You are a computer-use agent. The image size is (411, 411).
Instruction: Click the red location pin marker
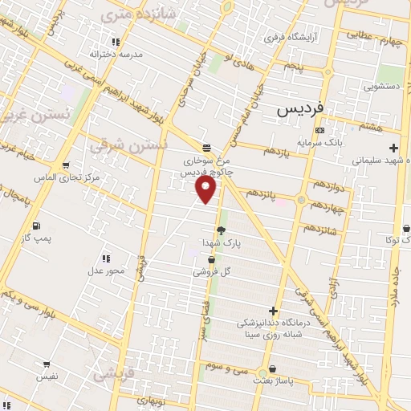(x=206, y=189)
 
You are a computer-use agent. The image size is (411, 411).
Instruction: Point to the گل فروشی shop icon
(x=211, y=260)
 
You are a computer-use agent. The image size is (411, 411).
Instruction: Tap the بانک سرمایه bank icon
(x=319, y=130)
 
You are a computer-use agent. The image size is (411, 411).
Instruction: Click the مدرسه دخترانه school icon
(x=116, y=42)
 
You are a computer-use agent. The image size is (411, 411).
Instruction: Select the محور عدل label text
(x=107, y=271)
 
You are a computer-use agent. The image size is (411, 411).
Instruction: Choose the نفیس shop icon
(x=46, y=364)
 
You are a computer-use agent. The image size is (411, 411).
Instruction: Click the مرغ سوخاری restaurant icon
(x=207, y=148)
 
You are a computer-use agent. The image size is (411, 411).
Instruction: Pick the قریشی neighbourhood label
(x=109, y=374)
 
